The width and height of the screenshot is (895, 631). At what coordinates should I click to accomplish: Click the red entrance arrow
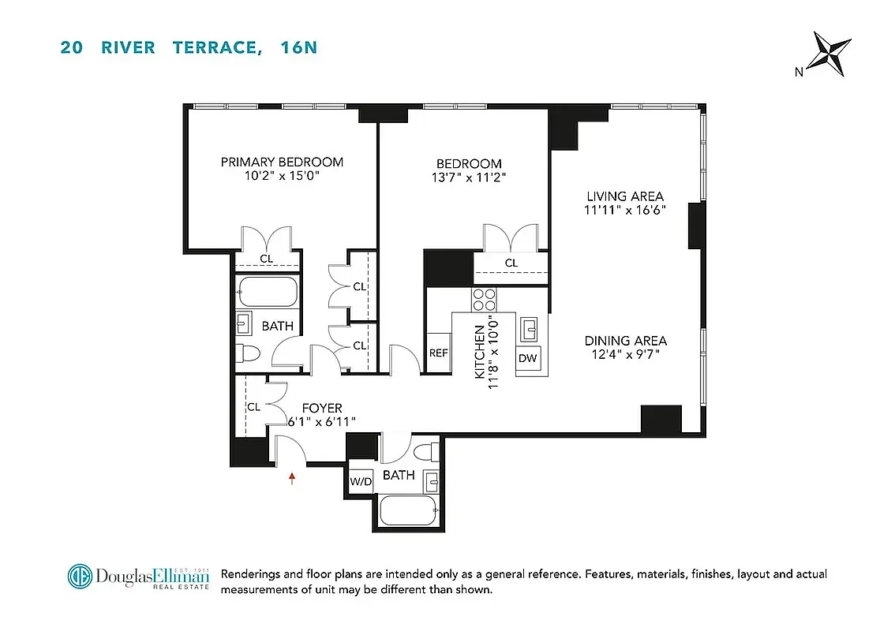(x=293, y=477)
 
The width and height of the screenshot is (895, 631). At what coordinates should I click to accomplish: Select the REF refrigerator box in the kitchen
(x=438, y=353)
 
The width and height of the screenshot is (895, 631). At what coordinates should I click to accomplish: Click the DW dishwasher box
(x=528, y=358)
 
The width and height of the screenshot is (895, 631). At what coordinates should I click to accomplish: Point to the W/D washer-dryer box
(x=361, y=481)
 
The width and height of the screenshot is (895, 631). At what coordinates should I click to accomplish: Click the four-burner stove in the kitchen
(x=484, y=300)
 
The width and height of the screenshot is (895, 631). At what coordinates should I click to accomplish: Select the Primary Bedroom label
(x=282, y=162)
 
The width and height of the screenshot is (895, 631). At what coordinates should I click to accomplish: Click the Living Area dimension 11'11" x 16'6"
(x=624, y=211)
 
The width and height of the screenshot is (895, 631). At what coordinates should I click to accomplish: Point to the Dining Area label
(x=625, y=341)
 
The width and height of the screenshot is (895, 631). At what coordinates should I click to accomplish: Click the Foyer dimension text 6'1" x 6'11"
(x=321, y=422)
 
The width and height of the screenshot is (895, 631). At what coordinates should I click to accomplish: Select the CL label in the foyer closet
(x=253, y=407)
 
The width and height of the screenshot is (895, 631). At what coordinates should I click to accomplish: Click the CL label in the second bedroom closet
(x=511, y=263)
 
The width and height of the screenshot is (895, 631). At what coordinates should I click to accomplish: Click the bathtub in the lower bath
(x=408, y=510)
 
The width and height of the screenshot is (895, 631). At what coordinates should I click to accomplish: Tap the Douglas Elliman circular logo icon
(x=80, y=576)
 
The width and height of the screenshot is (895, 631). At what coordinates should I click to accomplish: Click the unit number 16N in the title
(x=299, y=47)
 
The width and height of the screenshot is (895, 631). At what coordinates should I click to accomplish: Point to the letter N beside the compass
(x=799, y=72)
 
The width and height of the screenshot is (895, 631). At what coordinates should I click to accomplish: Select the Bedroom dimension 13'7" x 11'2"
(x=463, y=177)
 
